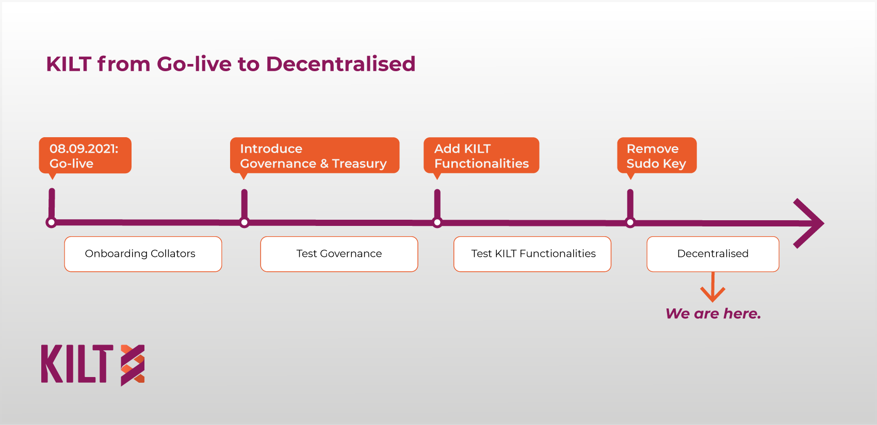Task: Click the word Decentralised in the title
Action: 340,64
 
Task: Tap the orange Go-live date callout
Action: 85,155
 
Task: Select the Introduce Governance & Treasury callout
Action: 314,155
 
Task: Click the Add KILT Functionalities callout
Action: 481,155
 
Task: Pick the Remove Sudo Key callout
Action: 657,155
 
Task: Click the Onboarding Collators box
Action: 143,254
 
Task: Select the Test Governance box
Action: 339,254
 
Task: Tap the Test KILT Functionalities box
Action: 532,254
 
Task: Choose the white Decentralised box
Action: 712,254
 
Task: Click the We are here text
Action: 713,314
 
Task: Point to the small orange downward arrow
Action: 712,287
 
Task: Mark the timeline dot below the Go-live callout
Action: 51,223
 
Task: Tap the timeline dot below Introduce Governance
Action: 245,223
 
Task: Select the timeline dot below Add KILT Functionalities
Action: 437,223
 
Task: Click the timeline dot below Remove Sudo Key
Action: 630,223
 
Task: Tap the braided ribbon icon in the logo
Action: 133,365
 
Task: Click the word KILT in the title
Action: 69,64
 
